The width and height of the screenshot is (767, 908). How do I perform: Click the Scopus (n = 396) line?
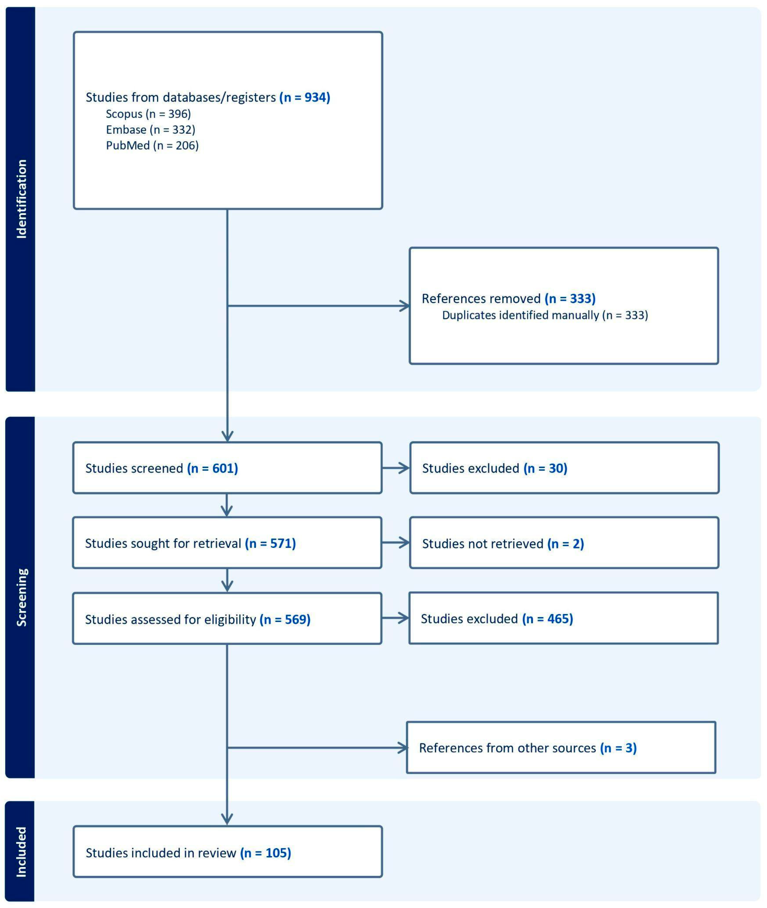pos(148,114)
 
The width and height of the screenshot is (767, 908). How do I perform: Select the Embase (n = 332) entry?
pos(150,130)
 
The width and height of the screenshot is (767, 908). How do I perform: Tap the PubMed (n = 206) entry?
pos(152,145)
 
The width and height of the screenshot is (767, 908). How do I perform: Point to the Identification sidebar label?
pos(21,199)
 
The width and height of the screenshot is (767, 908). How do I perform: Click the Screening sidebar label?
pos(21,597)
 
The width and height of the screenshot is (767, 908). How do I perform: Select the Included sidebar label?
pos(21,852)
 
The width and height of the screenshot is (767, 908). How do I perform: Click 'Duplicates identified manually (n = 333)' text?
pos(545,315)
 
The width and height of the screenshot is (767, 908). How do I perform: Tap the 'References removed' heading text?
pos(481,299)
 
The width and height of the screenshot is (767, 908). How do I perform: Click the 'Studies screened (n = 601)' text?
pos(161,468)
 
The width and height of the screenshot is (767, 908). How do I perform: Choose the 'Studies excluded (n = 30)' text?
pos(494,468)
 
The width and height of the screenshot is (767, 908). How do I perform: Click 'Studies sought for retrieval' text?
pos(163,543)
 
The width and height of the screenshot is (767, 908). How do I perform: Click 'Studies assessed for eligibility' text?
pos(171,620)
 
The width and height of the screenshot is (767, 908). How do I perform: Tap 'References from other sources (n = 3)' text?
pos(528,748)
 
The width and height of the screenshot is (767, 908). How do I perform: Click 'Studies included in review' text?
pos(160,853)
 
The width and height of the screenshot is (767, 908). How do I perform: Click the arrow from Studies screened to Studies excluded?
pos(396,468)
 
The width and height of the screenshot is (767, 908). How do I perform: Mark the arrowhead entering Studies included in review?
pos(227,819)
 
